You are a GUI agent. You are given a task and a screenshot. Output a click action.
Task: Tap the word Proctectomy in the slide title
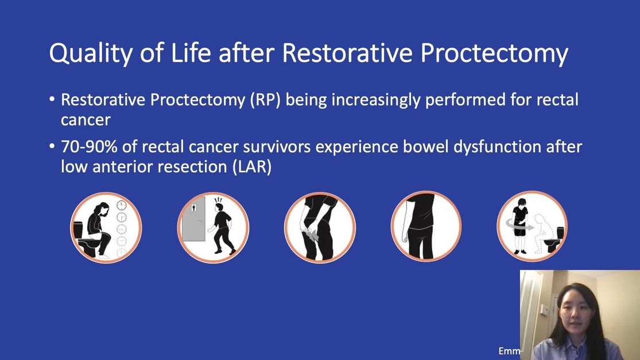tap(494, 53)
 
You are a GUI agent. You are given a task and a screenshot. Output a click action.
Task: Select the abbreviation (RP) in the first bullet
tap(265, 100)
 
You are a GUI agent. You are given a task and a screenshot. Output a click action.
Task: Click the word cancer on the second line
tap(86, 120)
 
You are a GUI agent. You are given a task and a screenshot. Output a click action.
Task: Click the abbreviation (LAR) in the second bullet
tap(252, 167)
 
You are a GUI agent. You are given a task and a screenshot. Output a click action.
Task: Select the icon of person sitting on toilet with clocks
tap(106, 228)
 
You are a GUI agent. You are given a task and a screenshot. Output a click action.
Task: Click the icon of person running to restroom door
tap(213, 228)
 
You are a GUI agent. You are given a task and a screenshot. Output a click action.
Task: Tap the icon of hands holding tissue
tap(320, 228)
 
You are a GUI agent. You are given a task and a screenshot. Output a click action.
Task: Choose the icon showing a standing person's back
tap(426, 227)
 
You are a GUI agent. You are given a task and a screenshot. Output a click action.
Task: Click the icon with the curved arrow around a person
tap(532, 227)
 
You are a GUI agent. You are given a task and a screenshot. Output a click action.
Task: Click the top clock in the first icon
tap(122, 205)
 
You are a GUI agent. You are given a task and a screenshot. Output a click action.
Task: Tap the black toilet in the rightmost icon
tap(556, 239)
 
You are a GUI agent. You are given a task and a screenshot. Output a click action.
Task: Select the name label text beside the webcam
tap(509, 351)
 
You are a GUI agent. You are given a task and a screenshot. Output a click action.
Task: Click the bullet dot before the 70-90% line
tap(52, 146)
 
